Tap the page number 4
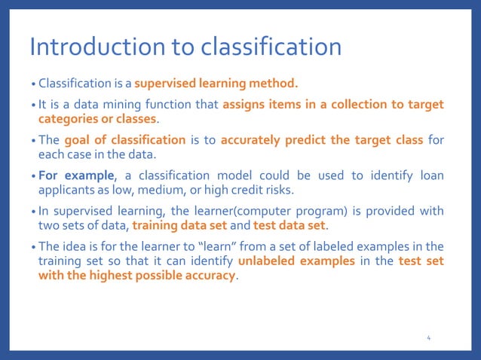(x=428, y=338)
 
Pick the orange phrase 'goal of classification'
(x=125, y=140)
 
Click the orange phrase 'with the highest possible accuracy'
(x=137, y=275)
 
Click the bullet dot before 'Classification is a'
(x=33, y=83)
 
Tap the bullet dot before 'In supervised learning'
(x=33, y=212)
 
